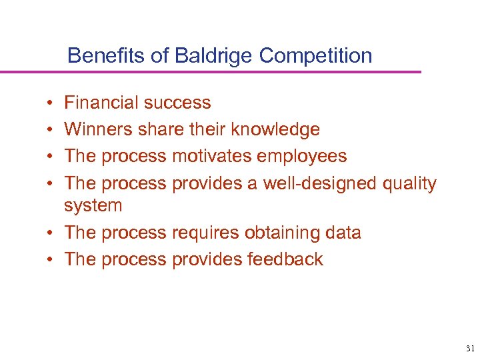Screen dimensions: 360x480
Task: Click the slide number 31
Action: pyautogui.click(x=469, y=349)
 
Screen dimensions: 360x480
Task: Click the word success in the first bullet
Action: pyautogui.click(x=177, y=103)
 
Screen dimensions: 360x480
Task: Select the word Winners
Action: pyautogui.click(x=98, y=129)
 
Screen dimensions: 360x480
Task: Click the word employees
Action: pyautogui.click(x=307, y=156)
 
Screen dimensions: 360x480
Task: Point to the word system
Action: pyautogui.click(x=93, y=205)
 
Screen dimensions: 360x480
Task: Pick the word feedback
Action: pyautogui.click(x=281, y=259)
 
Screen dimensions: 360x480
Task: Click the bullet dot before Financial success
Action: pyautogui.click(x=51, y=104)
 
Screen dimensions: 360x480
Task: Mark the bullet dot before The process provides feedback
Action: pyautogui.click(x=51, y=260)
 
